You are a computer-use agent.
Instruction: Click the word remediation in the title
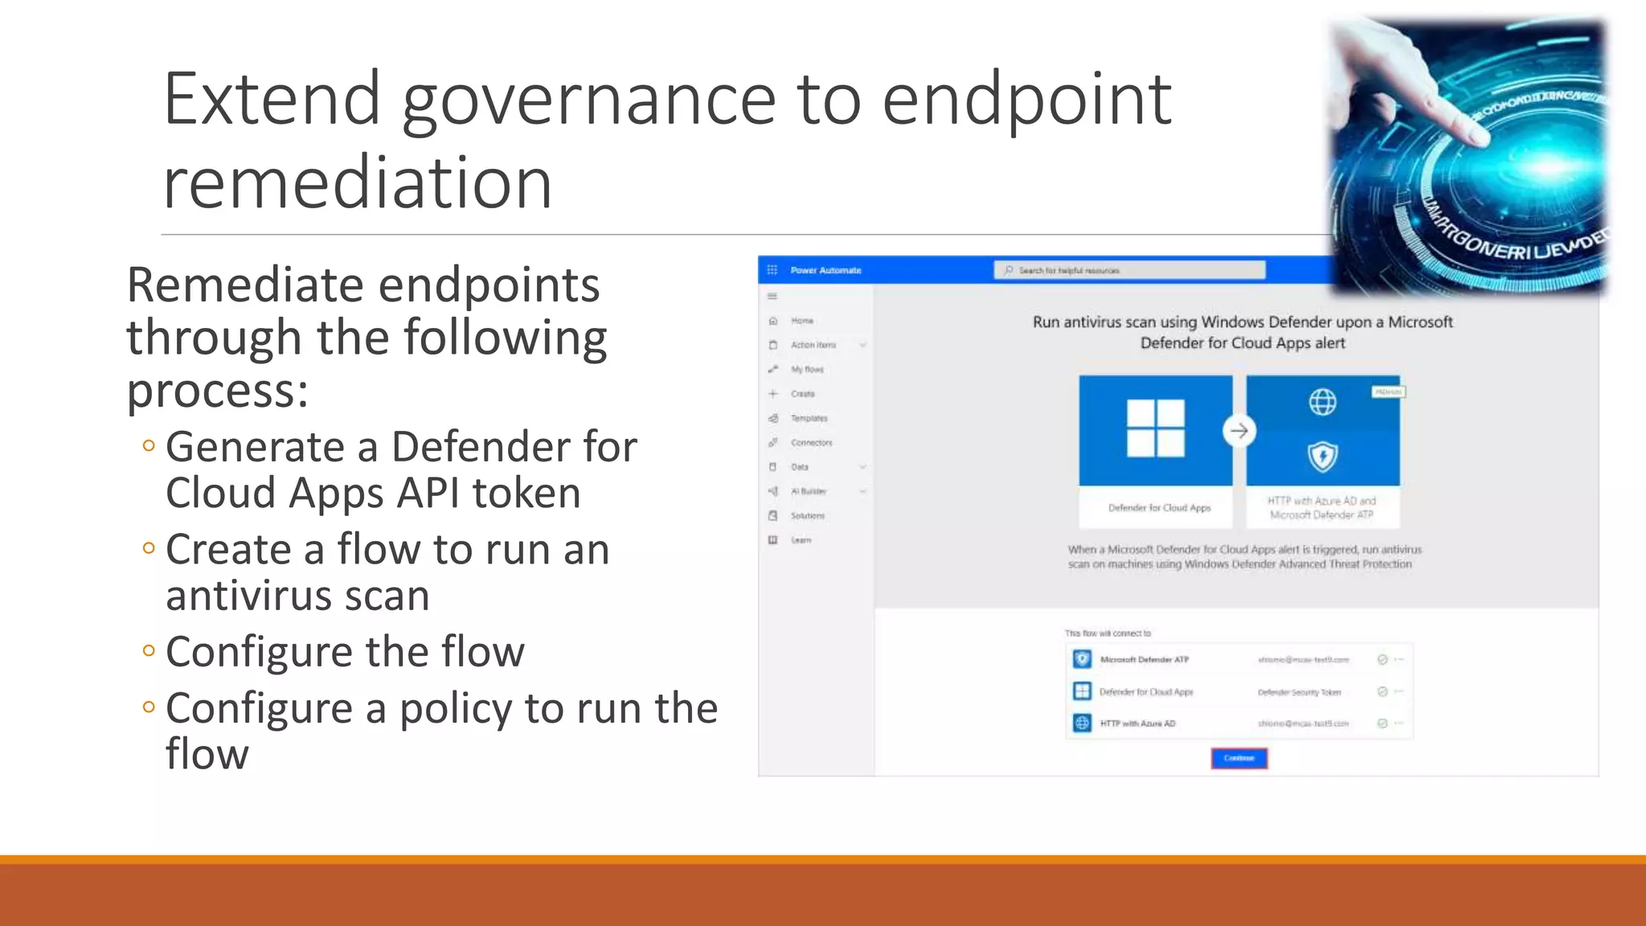(x=358, y=183)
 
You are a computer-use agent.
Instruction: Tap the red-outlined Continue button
(x=1239, y=758)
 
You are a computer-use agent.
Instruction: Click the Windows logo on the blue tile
(x=1155, y=428)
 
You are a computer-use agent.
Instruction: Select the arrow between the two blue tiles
(x=1239, y=431)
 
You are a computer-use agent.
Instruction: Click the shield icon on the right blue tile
(x=1322, y=457)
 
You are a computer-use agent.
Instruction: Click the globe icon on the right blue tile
(x=1322, y=401)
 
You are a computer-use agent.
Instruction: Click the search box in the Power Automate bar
(x=1129, y=271)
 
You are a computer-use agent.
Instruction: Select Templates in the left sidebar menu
(x=809, y=418)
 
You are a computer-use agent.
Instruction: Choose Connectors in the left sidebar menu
(x=811, y=443)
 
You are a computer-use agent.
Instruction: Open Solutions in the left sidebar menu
(x=807, y=516)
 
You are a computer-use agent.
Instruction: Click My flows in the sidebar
(x=807, y=370)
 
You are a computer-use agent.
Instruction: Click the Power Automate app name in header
(x=825, y=271)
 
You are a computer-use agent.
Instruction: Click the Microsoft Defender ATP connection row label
(x=1144, y=660)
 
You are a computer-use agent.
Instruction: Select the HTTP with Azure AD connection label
(x=1137, y=723)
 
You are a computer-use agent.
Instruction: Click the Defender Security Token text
(x=1299, y=692)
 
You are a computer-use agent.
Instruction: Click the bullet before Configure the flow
(x=149, y=650)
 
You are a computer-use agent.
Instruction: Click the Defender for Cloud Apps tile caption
(x=1159, y=508)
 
